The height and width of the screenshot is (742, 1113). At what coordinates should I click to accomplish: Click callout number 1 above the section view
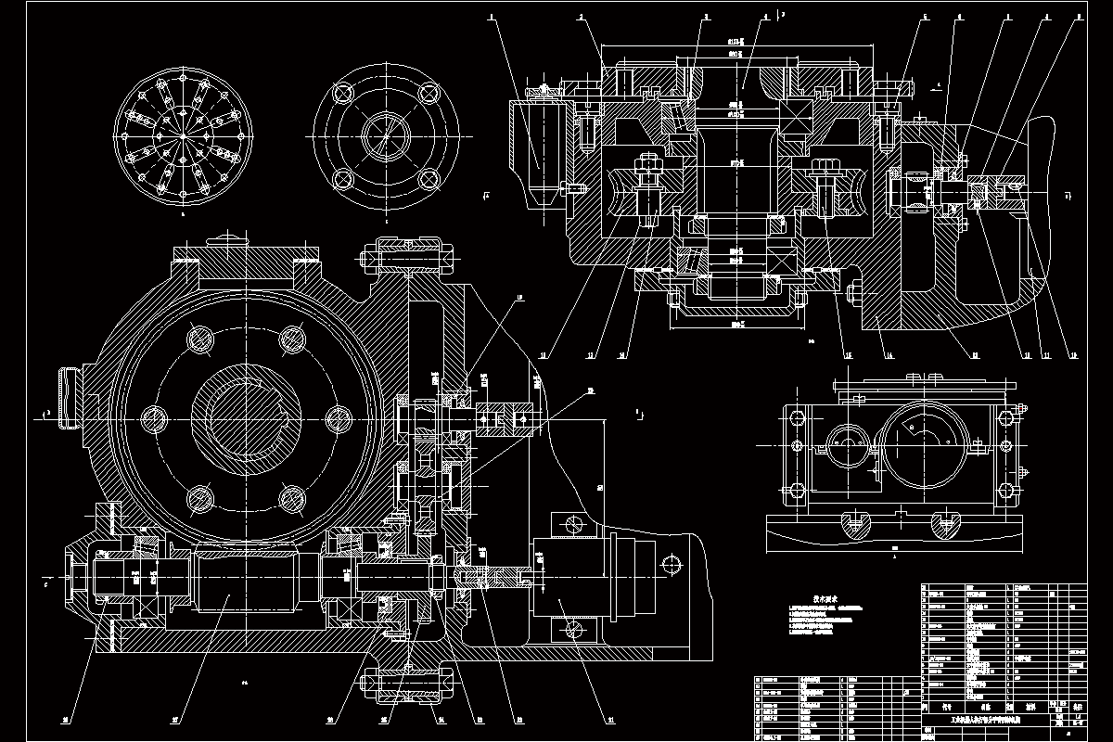(x=493, y=17)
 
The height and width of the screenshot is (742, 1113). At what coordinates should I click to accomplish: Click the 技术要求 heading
(x=820, y=599)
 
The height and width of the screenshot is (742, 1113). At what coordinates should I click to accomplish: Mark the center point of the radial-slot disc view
(x=184, y=136)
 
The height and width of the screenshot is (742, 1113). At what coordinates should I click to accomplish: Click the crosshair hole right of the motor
(x=672, y=564)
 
